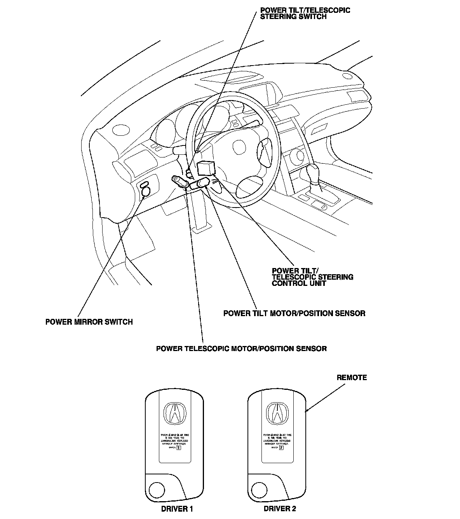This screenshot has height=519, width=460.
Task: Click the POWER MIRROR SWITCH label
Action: pos(89,322)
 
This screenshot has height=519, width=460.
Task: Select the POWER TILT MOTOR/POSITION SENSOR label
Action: pos(294,313)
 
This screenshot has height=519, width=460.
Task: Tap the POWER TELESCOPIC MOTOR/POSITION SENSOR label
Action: pos(241,348)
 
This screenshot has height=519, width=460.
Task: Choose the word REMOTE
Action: pos(351,377)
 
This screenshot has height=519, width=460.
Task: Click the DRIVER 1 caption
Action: pos(177,509)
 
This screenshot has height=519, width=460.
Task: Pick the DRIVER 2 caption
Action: pos(280,509)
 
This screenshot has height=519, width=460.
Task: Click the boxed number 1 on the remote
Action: pos(179,448)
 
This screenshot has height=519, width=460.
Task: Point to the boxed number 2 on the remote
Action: pos(281,448)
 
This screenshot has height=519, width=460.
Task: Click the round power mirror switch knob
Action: pos(146,191)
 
